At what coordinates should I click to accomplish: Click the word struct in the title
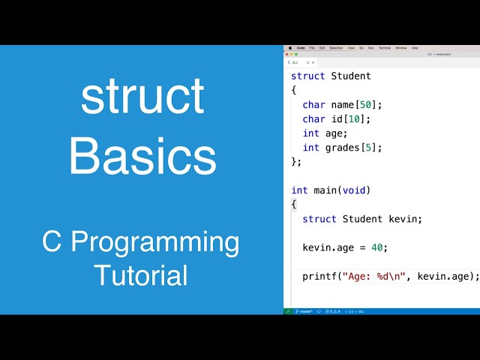142,96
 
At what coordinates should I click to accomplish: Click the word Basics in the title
142,156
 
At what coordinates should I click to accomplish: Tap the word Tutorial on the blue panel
141,274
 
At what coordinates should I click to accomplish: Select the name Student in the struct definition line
351,76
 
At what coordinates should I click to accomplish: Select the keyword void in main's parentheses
353,190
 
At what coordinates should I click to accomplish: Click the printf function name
319,276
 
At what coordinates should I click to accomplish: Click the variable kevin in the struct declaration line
405,219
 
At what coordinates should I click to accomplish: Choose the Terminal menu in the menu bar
385,47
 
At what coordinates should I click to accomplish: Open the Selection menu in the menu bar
336,47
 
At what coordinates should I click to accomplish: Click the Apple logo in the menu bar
289,47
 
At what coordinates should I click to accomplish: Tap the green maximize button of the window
297,54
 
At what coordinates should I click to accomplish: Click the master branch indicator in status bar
304,311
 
